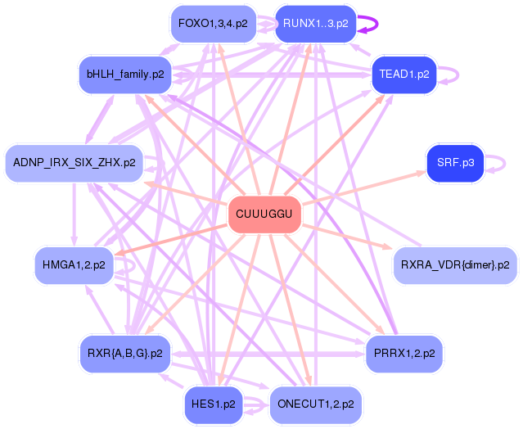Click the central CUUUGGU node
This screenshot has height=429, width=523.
pos(264,214)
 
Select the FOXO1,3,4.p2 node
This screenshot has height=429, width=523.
pos(213,24)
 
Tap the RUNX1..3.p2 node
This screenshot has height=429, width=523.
pos(316,24)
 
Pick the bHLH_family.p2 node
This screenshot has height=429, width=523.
pos(125,75)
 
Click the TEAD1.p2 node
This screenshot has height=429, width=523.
pos(404,75)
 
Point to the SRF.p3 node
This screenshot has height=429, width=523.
pos(456,163)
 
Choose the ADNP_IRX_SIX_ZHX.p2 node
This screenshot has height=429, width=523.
pos(74,163)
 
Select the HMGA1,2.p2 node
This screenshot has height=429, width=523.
pos(74,265)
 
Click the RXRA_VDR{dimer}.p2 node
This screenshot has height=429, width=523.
pos(455,265)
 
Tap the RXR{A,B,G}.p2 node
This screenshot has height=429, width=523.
pos(125,354)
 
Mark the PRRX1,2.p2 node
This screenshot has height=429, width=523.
pos(404,354)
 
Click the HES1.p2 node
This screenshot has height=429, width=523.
pos(214,404)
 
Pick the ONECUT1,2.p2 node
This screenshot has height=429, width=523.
pos(316,404)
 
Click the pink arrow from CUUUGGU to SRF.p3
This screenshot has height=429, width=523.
pos(364,187)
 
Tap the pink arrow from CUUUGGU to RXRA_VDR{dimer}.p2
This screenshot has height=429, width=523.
pos(347,237)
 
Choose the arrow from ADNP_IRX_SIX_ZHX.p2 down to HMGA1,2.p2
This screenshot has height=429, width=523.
pos(74,214)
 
